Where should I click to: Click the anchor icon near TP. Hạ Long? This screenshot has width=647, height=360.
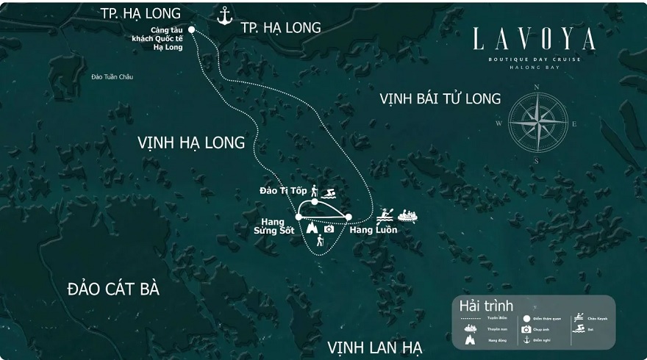point(225,15)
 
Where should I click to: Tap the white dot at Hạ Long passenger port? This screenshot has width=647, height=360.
point(192,30)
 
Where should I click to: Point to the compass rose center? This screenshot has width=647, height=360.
point(538,122)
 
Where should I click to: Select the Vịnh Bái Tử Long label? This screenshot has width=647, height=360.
point(440,98)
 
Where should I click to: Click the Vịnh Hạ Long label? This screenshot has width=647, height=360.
point(191,143)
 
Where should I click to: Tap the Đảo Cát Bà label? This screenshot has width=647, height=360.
point(113,289)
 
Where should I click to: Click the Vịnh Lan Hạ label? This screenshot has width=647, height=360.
point(375,347)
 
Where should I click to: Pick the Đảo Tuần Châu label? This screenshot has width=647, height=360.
point(112,77)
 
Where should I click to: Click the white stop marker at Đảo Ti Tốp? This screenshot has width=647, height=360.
point(315,201)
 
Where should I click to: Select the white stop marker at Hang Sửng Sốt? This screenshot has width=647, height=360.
point(299,217)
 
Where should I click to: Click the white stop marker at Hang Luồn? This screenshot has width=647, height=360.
point(348,217)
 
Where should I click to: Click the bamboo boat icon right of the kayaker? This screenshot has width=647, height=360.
point(407,216)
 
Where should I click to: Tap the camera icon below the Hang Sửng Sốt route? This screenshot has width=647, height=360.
point(329,229)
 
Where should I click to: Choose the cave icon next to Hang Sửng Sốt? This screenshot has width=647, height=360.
point(312,228)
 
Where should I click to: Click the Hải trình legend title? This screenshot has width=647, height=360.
point(486,306)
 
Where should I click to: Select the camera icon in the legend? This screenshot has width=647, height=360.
point(526,329)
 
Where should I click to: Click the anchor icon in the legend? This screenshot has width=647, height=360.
point(526,339)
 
